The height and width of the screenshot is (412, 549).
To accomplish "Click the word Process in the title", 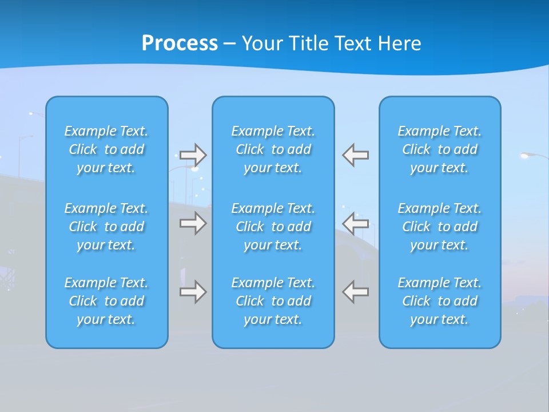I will [180, 43].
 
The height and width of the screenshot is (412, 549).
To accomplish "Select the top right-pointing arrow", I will [193, 155].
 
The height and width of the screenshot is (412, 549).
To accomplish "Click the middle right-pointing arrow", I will [193, 223].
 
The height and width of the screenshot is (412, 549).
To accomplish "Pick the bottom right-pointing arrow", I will [193, 292].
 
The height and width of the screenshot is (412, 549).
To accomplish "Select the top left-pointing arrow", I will [356, 155].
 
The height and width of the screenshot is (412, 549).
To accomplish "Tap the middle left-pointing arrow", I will [356, 223].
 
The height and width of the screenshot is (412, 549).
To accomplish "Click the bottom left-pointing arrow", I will [356, 292].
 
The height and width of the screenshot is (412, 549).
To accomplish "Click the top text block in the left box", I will [106, 149].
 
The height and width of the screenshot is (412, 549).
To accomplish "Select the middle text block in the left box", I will [106, 227].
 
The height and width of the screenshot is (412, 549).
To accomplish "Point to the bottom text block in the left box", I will [106, 301].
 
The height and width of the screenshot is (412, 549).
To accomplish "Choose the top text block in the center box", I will [273, 149].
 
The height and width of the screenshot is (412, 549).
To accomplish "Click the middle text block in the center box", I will [273, 227].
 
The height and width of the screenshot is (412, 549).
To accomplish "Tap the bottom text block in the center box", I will [273, 301].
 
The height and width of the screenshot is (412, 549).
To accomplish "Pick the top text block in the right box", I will [439, 149].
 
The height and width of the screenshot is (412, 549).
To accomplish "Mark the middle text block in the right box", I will [439, 227].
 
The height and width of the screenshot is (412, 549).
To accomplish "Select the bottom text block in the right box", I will [439, 301].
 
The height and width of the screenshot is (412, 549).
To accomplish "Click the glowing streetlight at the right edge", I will [526, 154].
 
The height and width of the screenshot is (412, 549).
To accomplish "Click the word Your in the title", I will [262, 43].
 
